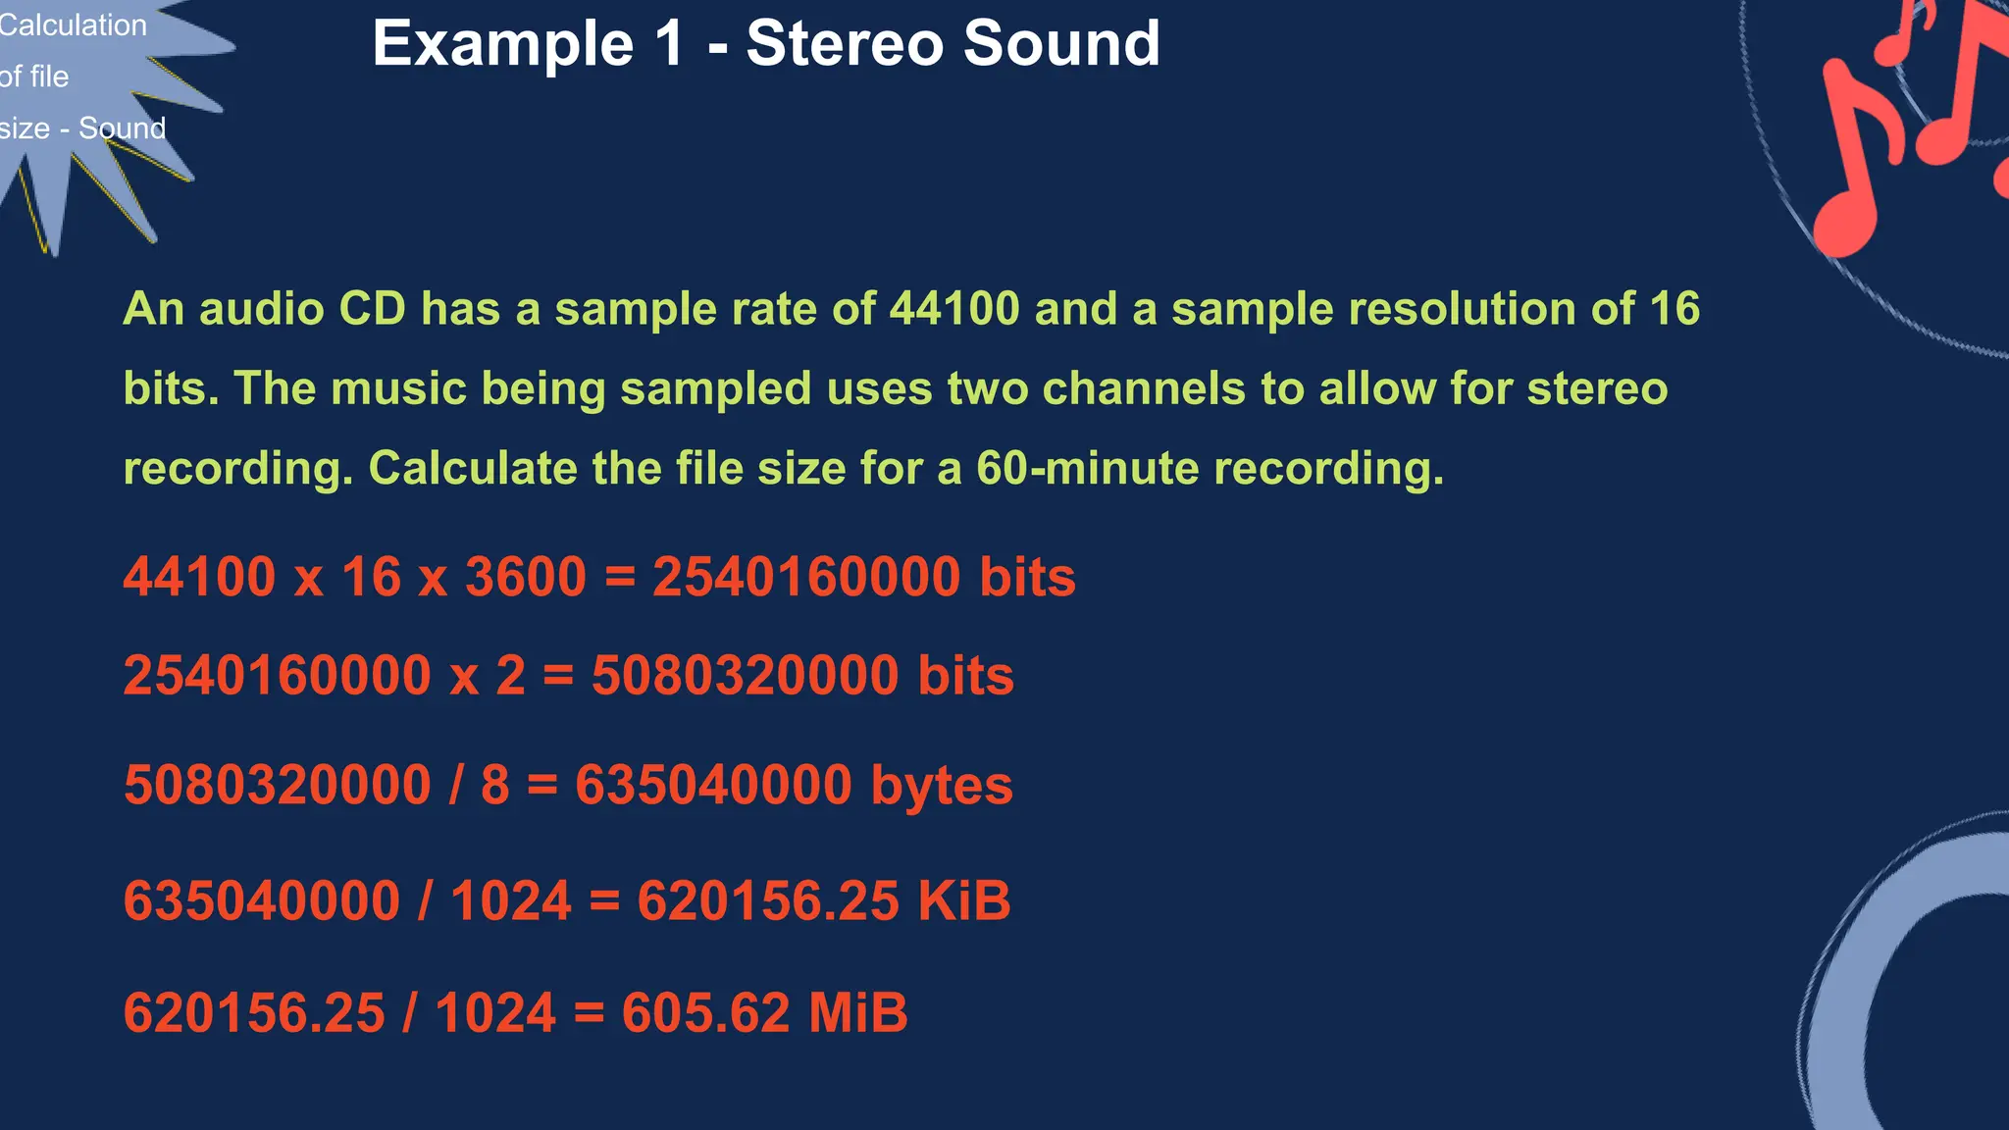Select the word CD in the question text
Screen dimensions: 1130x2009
372,309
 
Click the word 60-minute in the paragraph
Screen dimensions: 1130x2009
1086,468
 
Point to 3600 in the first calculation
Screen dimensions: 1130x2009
526,577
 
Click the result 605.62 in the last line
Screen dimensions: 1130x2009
705,1012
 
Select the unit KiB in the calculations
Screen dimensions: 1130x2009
964,900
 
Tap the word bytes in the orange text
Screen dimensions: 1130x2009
942,786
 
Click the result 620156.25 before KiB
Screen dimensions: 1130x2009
768,900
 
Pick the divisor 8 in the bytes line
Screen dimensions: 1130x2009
495,786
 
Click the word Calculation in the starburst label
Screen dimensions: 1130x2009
73,26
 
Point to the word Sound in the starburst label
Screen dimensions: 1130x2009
123,128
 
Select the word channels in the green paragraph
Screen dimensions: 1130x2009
1142,388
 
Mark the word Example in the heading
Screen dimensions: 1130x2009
503,44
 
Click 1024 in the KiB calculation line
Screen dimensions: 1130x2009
510,900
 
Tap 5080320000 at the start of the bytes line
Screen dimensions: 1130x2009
278,786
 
